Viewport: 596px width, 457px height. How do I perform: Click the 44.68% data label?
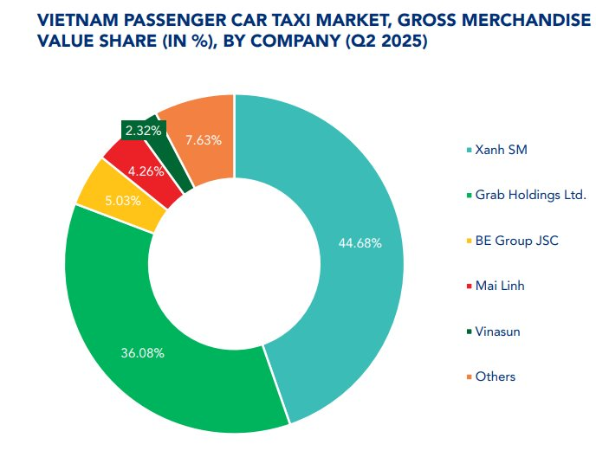(x=360, y=243)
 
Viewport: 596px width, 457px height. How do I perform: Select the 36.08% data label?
(x=143, y=353)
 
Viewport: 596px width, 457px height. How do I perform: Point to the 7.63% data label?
(x=204, y=139)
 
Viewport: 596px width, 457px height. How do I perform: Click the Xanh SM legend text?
(x=501, y=150)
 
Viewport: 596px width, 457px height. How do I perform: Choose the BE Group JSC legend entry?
(x=516, y=240)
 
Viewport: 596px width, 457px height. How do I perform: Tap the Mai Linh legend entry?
(x=500, y=286)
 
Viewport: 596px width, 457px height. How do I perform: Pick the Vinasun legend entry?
(x=497, y=331)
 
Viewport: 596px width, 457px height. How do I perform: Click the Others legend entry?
(x=495, y=377)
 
